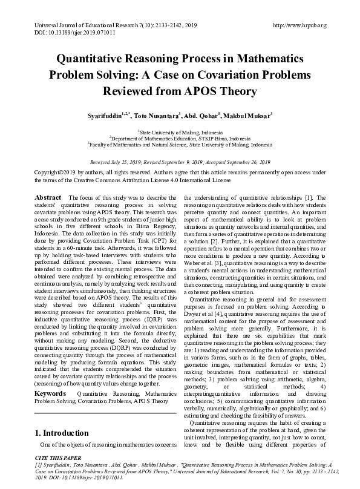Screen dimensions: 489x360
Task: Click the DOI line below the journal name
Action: click(x=65, y=33)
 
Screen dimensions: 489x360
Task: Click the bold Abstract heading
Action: click(x=48, y=198)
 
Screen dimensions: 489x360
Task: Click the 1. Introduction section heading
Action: click(x=63, y=433)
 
